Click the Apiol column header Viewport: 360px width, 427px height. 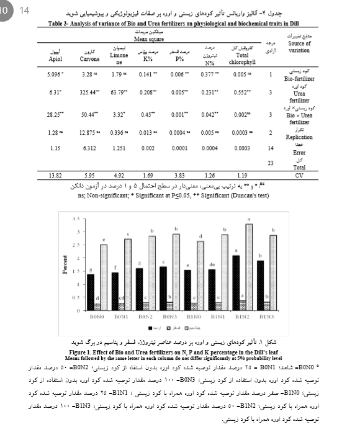tap(55, 59)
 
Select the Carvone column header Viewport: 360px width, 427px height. tap(90, 59)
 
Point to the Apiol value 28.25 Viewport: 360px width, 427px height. tap(55, 114)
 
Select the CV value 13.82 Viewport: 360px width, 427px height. tap(55, 176)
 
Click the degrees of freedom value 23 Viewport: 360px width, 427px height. tap(269, 162)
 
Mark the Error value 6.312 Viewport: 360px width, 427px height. tap(90, 149)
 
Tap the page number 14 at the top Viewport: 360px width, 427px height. tap(25, 11)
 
